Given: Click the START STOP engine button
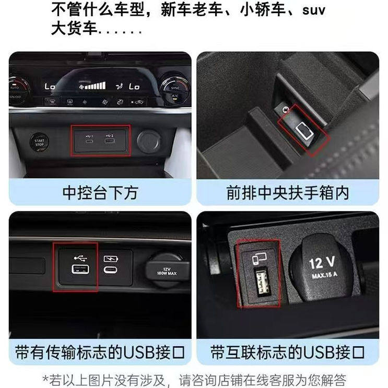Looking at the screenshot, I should [x=39, y=141].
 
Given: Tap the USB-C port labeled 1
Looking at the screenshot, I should [x=89, y=140].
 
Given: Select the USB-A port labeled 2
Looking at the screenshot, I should [x=111, y=140].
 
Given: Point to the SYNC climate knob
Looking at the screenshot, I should [x=175, y=87].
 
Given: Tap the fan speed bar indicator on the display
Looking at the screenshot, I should [x=96, y=85].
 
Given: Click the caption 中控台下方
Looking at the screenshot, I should [x=100, y=193].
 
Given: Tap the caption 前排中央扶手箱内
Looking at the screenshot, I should [x=287, y=193].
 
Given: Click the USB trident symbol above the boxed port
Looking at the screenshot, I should [x=81, y=257].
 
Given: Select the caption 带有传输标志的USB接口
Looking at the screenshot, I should [x=100, y=351].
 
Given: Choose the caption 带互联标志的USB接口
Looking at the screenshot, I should [x=287, y=351].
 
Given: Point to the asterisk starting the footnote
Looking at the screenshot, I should [x=45, y=378].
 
